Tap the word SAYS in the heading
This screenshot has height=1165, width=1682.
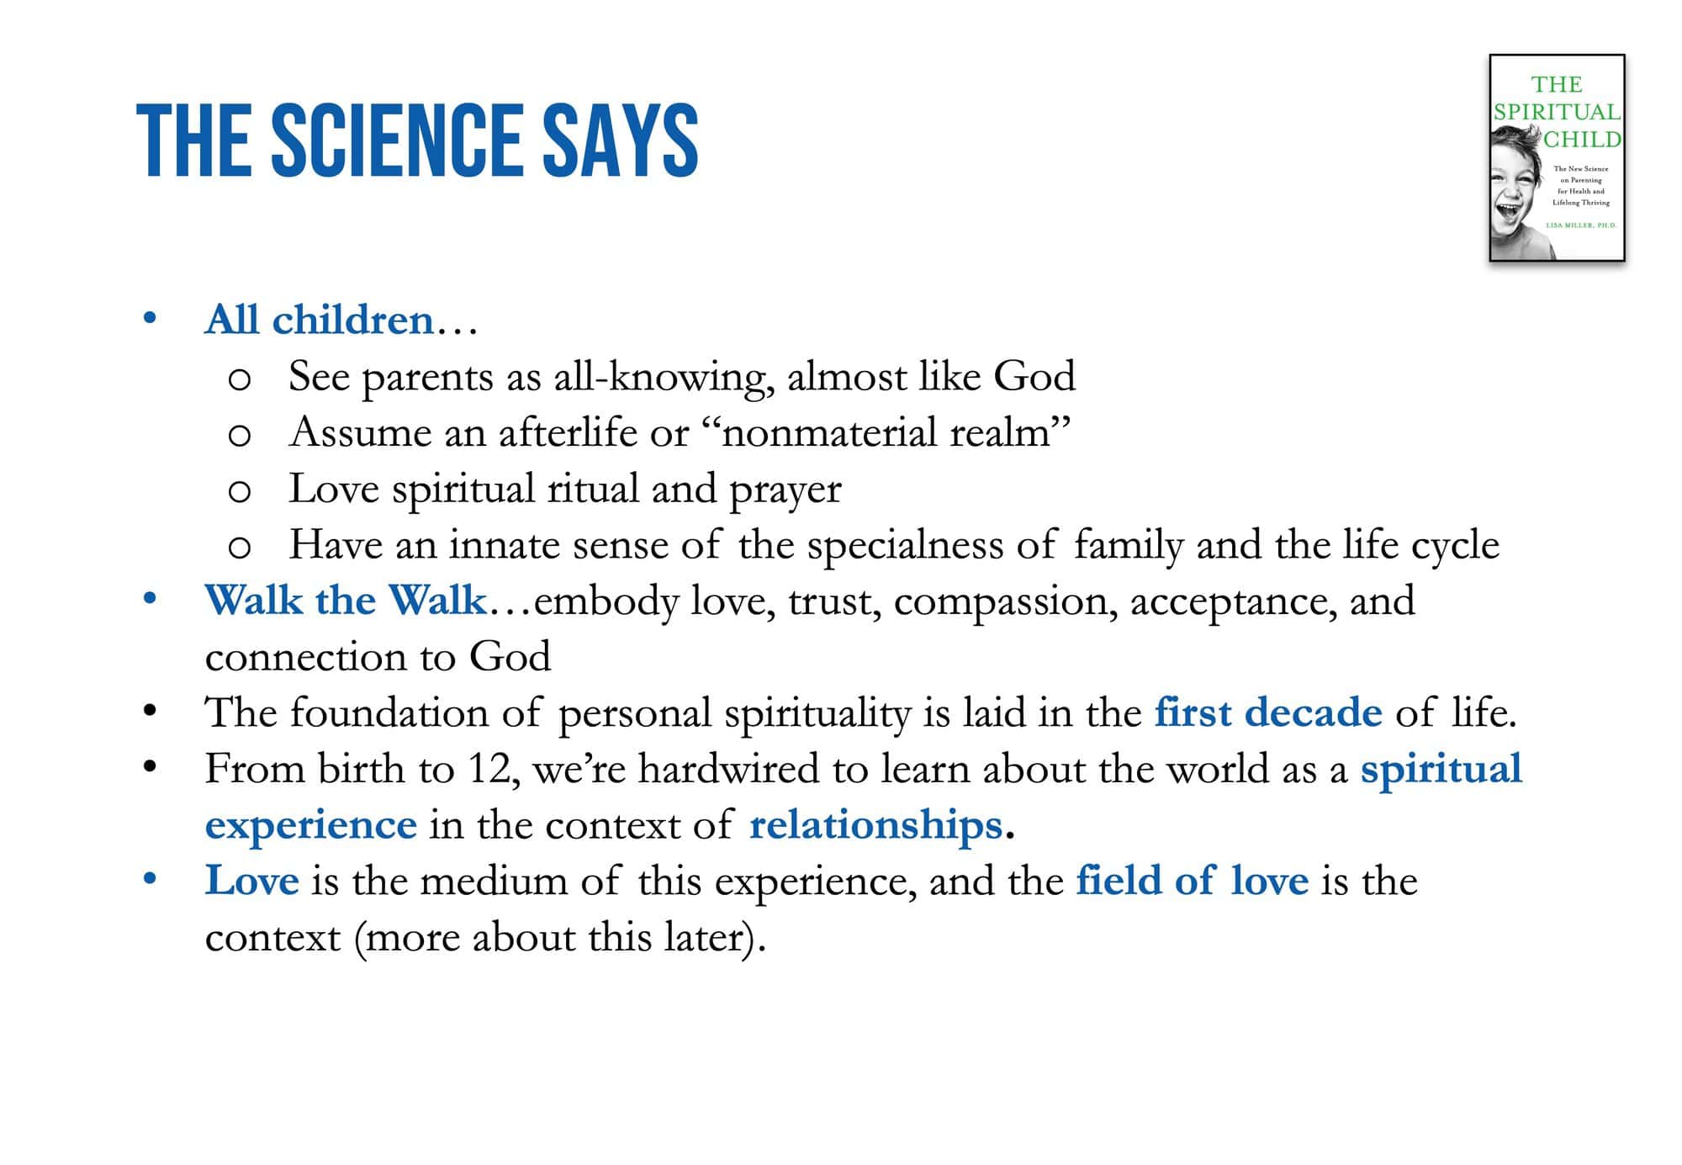pyautogui.click(x=621, y=140)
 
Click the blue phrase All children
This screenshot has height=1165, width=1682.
pyautogui.click(x=319, y=320)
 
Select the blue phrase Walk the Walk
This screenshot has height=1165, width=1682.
pyautogui.click(x=346, y=601)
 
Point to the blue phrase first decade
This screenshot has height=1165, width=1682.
pyautogui.click(x=1268, y=712)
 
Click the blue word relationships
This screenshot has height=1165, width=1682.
pyautogui.click(x=875, y=825)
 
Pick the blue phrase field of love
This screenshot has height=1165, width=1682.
pyautogui.click(x=1193, y=881)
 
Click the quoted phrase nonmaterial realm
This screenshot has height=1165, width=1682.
pyautogui.click(x=886, y=432)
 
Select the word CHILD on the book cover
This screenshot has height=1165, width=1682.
pyautogui.click(x=1582, y=140)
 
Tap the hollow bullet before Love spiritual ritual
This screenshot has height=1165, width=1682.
pyautogui.click(x=240, y=491)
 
